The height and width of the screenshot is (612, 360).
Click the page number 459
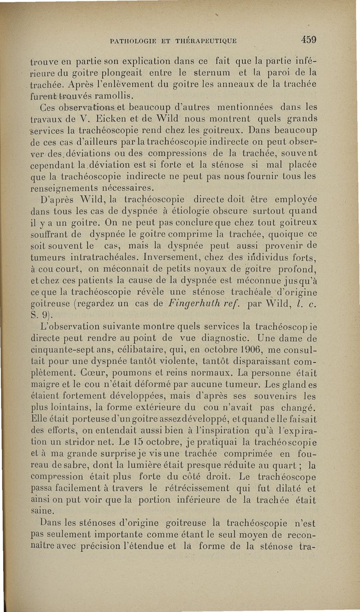(309, 39)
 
